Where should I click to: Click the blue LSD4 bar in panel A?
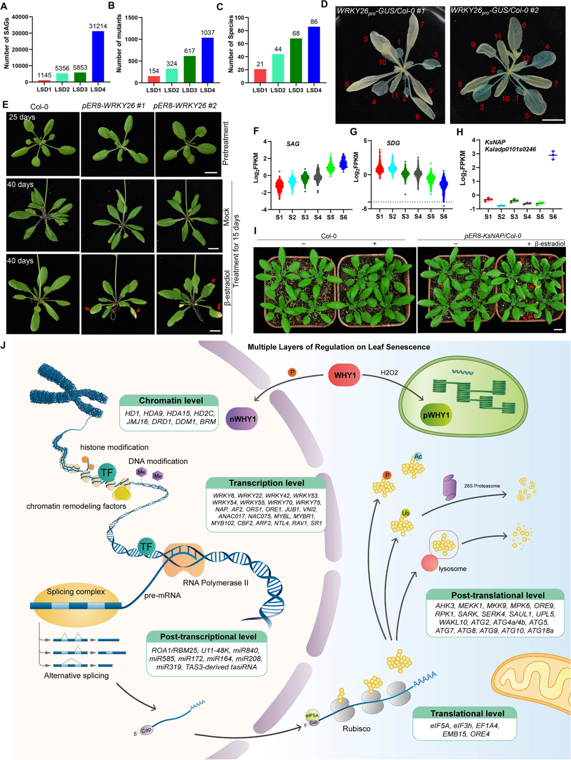click(x=98, y=56)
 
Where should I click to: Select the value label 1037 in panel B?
click(x=207, y=32)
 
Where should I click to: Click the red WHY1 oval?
click(x=345, y=375)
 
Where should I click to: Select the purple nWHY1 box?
click(x=242, y=419)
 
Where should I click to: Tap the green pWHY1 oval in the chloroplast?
click(x=436, y=415)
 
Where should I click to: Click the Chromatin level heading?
click(x=171, y=401)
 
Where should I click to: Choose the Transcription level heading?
click(x=266, y=483)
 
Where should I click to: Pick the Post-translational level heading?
click(x=498, y=595)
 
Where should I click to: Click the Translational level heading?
click(x=467, y=713)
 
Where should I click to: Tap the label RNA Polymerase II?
click(x=216, y=583)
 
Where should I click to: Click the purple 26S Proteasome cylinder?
click(x=450, y=487)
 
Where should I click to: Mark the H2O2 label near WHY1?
click(x=389, y=373)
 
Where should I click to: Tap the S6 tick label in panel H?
click(x=553, y=217)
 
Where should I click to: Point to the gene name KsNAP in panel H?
click(x=495, y=142)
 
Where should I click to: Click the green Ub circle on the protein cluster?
click(x=405, y=513)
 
